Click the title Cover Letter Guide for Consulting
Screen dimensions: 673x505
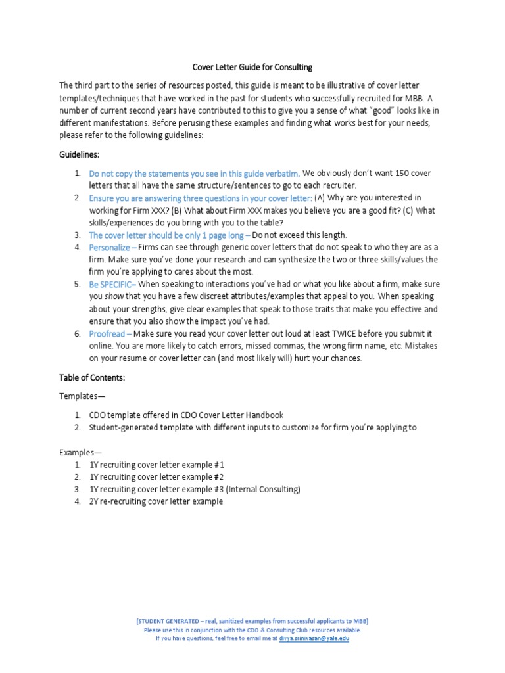click(252, 67)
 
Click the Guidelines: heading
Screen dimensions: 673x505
click(80, 154)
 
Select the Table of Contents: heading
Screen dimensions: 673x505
click(92, 378)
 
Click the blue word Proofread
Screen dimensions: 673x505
click(107, 334)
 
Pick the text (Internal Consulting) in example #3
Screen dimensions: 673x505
click(263, 490)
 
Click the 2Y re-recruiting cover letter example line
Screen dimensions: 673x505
click(156, 501)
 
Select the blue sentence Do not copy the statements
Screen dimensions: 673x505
click(194, 174)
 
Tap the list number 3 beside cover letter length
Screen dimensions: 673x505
click(77, 235)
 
